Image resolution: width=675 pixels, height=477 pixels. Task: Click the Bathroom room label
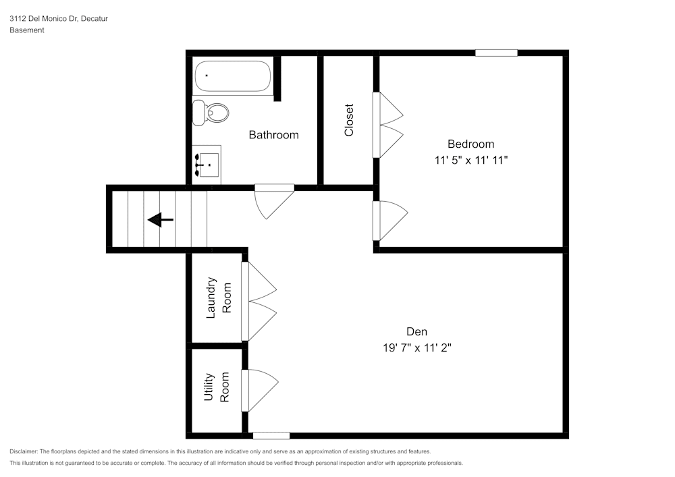273,135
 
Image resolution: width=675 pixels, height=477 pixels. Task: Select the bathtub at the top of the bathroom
232,76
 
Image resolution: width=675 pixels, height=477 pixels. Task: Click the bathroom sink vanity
207,163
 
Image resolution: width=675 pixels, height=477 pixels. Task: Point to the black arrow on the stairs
161,219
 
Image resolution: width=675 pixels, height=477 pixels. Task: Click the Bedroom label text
470,144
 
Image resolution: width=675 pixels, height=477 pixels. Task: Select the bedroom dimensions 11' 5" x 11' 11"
470,161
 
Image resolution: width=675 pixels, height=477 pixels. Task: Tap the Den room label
416,331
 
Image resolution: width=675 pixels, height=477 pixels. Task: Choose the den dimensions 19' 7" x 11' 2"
416,348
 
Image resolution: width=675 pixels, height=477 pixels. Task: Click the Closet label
349,120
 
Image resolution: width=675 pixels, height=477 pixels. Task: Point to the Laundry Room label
218,298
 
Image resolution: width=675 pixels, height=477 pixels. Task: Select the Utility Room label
217,387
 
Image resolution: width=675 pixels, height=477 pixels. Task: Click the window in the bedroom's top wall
496,53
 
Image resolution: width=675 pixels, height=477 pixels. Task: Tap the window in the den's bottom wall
271,436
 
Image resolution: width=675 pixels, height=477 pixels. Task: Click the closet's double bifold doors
387,125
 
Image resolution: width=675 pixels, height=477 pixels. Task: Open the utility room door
261,390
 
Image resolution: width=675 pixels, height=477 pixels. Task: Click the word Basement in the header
27,30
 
